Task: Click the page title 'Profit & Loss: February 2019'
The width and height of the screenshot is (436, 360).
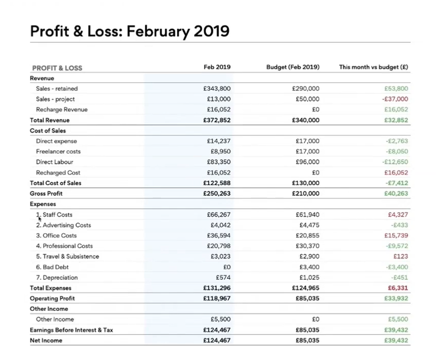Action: (x=130, y=30)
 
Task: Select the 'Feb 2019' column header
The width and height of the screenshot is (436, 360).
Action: (x=217, y=67)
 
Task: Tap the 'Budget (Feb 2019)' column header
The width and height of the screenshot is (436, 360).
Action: (x=293, y=67)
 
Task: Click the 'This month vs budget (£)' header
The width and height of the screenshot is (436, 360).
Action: (x=373, y=67)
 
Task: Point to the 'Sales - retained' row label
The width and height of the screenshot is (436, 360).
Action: (x=57, y=89)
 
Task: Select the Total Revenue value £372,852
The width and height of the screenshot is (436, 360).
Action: (x=217, y=120)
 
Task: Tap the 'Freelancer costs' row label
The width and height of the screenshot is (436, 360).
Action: (x=58, y=151)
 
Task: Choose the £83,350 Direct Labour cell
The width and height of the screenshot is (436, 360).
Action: (x=219, y=162)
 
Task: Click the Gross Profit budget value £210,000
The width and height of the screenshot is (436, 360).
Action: (x=306, y=194)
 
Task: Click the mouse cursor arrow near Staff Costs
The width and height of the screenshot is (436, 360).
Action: (x=39, y=217)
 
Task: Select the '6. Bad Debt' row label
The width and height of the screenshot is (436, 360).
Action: (x=52, y=267)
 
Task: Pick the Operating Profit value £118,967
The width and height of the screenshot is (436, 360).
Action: (x=217, y=298)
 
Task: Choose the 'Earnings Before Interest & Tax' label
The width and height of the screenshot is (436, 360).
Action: (x=71, y=330)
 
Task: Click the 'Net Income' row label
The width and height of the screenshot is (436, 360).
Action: (x=46, y=340)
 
